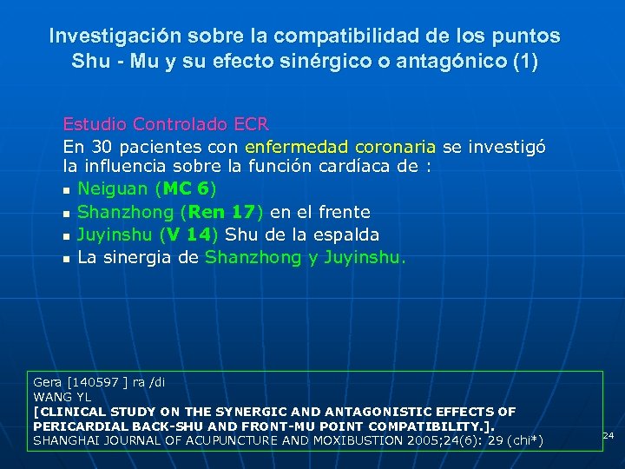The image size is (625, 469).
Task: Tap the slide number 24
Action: coord(609,434)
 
